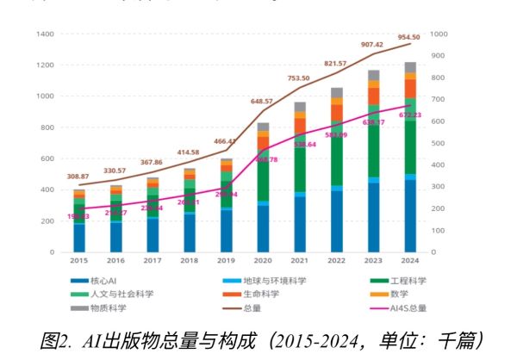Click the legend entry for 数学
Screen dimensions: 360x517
[401, 294]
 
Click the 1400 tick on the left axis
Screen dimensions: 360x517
[46, 34]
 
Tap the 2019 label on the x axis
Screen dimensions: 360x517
[226, 260]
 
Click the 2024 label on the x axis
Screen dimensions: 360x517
[410, 260]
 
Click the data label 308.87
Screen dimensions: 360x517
[78, 177]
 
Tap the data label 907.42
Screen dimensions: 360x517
[372, 45]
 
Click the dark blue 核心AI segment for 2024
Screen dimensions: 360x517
[410, 215]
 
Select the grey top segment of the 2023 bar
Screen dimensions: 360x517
[374, 75]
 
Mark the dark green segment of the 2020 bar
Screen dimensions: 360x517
[263, 177]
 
